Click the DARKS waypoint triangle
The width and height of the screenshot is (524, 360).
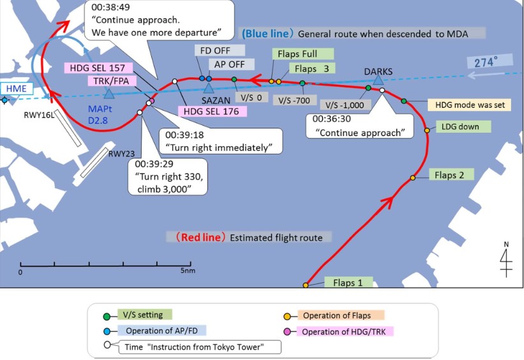coord(378,79)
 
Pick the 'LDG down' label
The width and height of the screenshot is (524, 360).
coord(460,126)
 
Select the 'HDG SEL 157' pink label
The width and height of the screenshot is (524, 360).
coord(98,68)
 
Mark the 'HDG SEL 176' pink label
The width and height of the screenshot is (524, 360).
coord(214,110)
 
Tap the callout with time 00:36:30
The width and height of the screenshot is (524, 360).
coord(360,126)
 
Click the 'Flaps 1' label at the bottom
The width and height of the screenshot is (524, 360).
coord(347,282)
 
